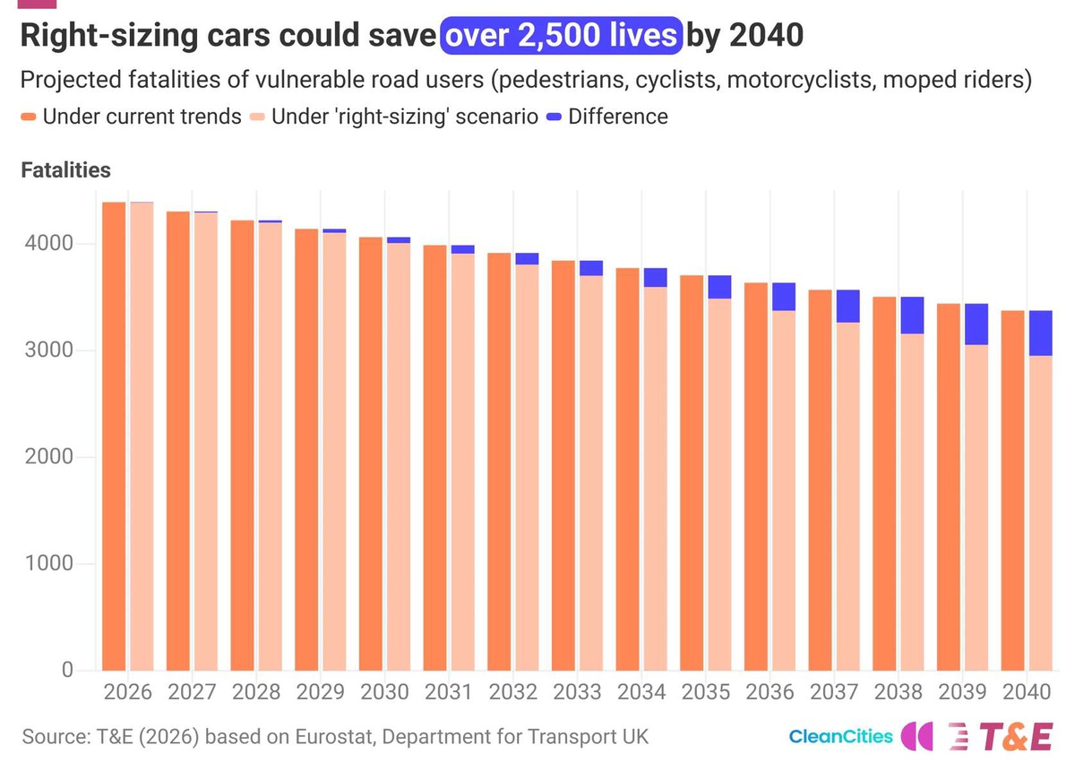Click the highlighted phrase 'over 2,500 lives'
(x=561, y=36)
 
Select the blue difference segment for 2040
(x=1040, y=334)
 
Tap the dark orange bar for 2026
(x=114, y=437)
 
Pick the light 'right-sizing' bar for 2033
(x=591, y=473)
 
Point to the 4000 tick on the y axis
(x=49, y=243)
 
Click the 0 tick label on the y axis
(x=68, y=670)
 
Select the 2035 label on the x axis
(x=706, y=692)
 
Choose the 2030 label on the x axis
(x=384, y=692)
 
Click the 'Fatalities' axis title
(x=65, y=170)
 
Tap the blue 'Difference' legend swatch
(x=555, y=117)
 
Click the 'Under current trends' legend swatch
(x=29, y=117)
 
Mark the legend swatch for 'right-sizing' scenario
(x=257, y=117)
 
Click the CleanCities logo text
(x=841, y=736)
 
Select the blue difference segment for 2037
(x=848, y=306)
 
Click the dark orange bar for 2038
(x=884, y=484)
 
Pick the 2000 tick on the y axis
(x=49, y=456)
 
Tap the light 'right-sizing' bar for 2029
(x=334, y=452)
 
